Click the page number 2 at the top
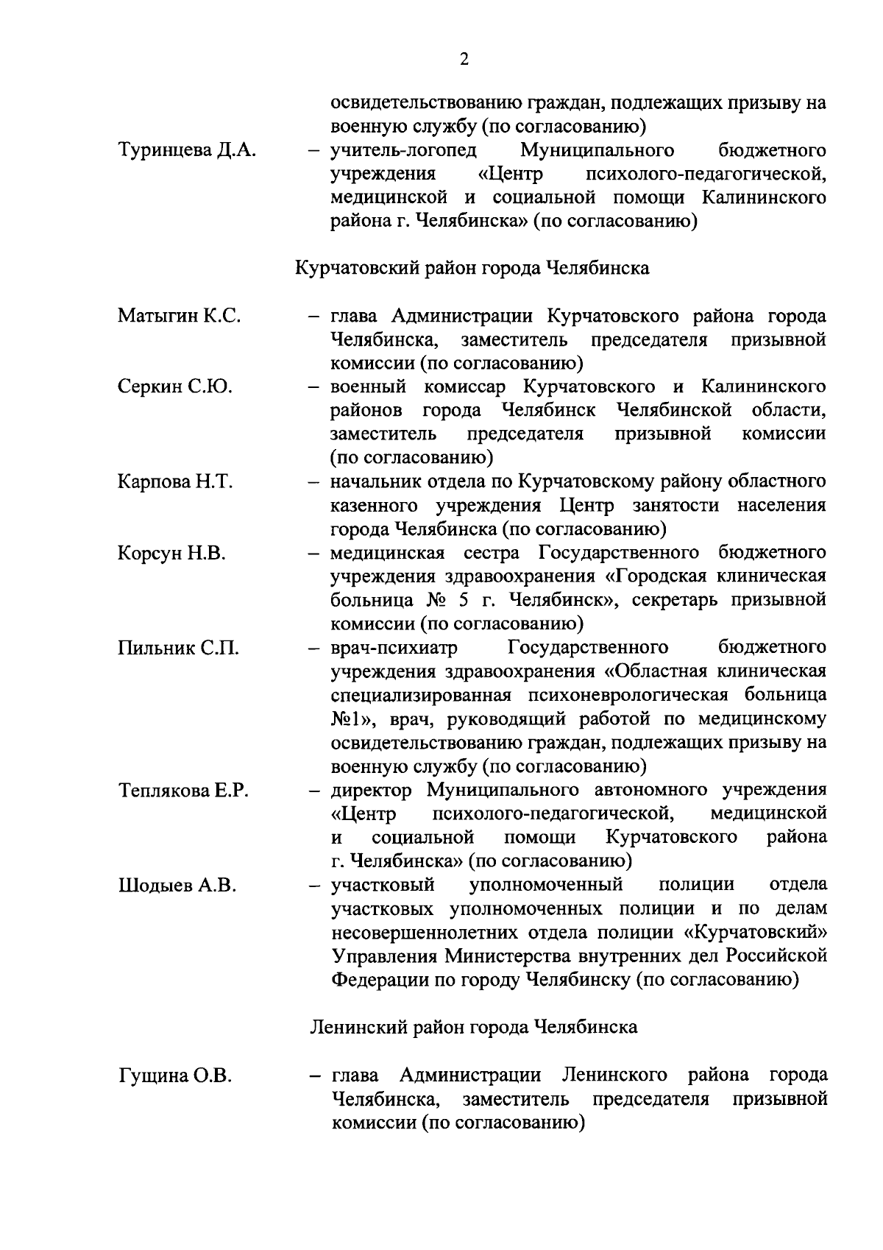pos(464,60)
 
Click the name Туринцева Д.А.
pos(186,151)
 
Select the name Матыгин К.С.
pos(179,317)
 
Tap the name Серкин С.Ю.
pos(174,386)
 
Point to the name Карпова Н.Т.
pos(174,482)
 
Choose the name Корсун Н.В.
pos(171,553)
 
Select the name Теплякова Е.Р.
pos(183,791)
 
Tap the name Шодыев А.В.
pos(177,886)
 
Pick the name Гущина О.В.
pos(174,1076)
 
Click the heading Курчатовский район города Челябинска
pos(472,268)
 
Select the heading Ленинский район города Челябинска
pos(474,1027)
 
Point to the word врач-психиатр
pos(394,648)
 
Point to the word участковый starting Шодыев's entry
pos(383,885)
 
